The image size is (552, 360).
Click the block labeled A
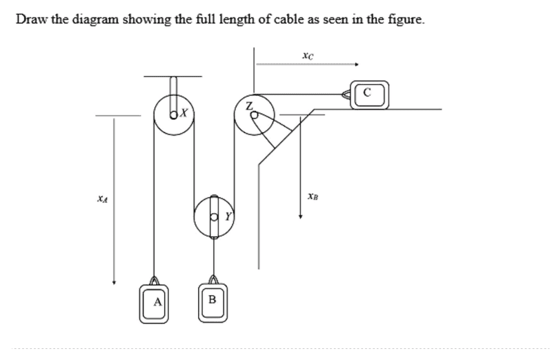[153, 303]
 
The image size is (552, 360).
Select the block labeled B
[213, 303]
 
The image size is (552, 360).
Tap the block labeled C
[370, 94]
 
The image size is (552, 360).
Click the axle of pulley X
[174, 114]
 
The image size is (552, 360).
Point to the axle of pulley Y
[214, 217]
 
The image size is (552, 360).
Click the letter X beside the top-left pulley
[184, 113]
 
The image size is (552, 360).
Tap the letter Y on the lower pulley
[228, 216]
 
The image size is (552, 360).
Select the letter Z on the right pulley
[249, 106]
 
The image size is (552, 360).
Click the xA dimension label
[102, 199]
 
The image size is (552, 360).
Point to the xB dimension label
[313, 196]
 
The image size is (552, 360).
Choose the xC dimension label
[308, 56]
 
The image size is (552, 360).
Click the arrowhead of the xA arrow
[114, 282]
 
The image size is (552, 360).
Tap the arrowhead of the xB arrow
[300, 217]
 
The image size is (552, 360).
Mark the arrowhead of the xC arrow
[357, 64]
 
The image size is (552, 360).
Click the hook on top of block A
[154, 281]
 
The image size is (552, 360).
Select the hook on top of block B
[213, 279]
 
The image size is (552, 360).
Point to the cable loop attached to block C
[346, 94]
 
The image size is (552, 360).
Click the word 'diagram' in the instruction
[96, 19]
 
